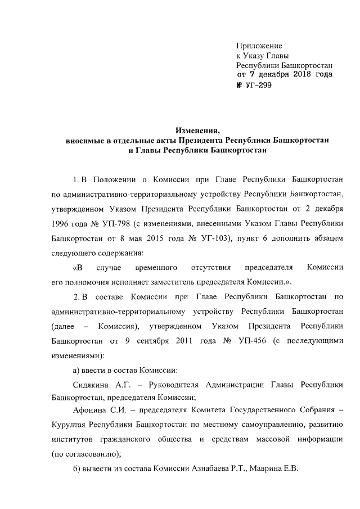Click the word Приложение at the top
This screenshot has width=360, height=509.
coord(259,44)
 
